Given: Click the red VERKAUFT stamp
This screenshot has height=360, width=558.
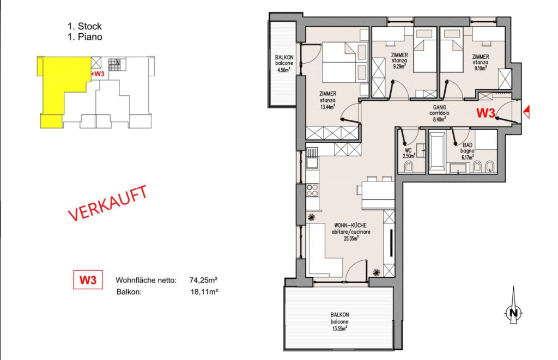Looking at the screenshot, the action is pos(107,203).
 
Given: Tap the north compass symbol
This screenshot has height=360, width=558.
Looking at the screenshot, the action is pos(513,309).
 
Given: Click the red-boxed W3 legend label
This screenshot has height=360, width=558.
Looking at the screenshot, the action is pos(88,280).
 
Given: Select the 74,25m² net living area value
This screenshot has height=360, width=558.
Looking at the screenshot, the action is pos(204,280).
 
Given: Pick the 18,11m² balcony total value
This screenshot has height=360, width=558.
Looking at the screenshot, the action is pos(204,292).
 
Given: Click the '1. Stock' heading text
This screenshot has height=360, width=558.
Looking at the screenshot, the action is pos(84,26).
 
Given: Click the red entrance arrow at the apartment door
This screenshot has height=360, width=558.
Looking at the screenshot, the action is pos(527,112).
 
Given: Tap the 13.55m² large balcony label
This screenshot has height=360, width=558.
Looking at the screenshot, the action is pos(339,321).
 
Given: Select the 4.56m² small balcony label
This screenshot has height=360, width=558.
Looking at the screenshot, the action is pos(284,63).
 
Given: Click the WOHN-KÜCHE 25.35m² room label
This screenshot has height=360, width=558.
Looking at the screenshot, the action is pos(350,232).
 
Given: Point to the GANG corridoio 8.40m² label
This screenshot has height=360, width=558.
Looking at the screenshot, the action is pos(439,113).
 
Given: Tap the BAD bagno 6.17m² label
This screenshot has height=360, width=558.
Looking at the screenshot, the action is pos(467,151).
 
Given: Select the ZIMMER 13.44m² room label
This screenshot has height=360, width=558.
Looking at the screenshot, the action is pos(327,100).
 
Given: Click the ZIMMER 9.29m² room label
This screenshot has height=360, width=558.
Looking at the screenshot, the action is pos(399,60).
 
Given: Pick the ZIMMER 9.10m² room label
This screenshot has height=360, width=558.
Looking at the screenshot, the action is pos(481,62).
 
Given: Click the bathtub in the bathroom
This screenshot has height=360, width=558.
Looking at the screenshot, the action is pos(437,152).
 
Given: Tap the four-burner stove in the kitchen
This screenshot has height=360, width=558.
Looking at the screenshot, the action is pos(312,190).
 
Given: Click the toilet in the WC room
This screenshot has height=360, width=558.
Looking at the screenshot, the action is pos(409,167).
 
